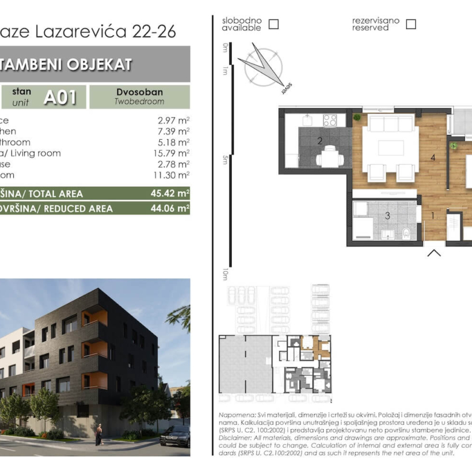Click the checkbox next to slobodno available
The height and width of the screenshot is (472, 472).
274,24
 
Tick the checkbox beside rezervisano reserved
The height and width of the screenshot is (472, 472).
411,24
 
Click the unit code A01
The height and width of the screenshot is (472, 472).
60,97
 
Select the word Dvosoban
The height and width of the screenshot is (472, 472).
139,92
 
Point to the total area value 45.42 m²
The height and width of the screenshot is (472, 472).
170,194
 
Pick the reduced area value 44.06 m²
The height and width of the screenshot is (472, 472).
170,208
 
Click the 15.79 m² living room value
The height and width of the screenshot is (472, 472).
173,153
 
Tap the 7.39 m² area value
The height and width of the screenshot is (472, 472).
173,131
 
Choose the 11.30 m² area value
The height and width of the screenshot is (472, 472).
173,175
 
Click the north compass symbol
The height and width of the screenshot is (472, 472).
263,67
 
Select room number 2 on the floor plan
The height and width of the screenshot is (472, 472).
320,142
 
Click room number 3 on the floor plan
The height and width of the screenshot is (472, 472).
387,215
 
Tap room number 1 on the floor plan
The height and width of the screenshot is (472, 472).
433,215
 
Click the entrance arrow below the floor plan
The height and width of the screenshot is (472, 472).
434,253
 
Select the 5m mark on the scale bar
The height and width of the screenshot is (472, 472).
225,160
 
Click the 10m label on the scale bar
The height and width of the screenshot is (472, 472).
225,274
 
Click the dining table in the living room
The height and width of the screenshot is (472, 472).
391,148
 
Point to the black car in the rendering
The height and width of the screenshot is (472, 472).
175,436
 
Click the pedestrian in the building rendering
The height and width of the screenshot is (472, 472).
99,434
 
